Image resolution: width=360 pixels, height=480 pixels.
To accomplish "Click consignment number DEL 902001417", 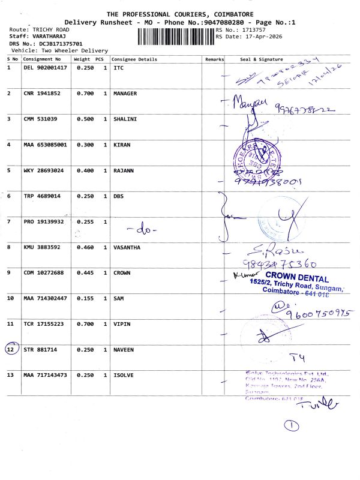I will coord(45,68).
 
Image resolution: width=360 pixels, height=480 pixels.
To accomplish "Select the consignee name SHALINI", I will coord(125,119).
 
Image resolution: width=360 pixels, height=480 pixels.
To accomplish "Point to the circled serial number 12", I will coord(11,349).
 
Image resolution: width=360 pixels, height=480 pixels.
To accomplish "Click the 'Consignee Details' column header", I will coord(135,59).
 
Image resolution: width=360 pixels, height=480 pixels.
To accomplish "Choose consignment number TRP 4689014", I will coord(42,196).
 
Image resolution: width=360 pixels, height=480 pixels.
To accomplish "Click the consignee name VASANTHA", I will coord(127,247).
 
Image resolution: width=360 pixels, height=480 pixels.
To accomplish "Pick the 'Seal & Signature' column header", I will coord(261,59).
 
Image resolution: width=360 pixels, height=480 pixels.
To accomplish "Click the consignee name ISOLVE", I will coord(125,375).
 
